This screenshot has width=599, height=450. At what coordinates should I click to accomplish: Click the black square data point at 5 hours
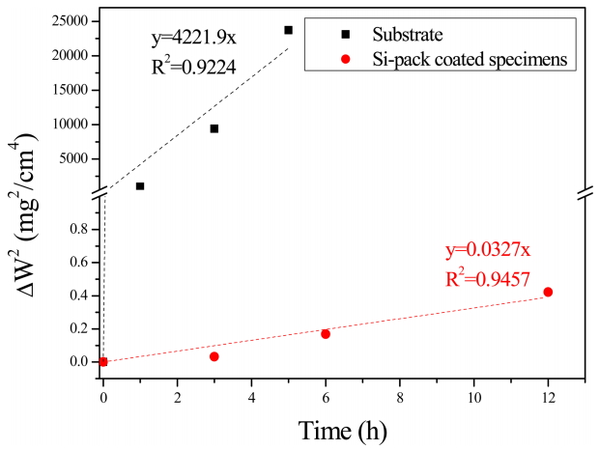288,30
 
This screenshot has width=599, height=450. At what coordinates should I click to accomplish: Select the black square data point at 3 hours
214,128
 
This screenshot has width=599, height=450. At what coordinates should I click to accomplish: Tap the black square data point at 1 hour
140,186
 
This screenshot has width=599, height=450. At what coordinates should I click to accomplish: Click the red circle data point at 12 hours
548,292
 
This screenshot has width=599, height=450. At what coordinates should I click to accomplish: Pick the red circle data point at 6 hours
326,334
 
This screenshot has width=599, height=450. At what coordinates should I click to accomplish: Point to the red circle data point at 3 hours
214,356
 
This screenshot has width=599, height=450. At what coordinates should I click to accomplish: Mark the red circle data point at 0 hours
103,362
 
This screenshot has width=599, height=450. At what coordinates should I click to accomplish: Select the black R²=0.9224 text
193,67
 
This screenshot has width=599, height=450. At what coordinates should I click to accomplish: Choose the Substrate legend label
410,35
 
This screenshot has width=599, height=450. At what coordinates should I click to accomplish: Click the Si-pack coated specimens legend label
471,59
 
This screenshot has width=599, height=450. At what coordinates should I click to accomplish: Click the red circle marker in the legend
345,59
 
